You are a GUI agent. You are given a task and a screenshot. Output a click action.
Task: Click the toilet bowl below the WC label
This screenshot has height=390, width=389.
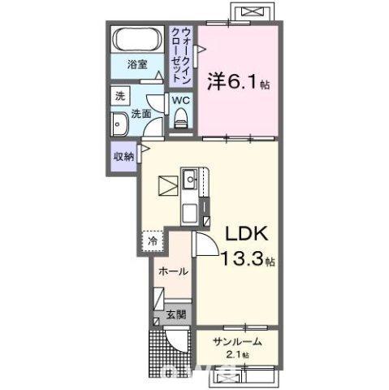point(180,120)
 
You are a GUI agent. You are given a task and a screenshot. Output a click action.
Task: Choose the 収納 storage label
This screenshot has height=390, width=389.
point(123,157)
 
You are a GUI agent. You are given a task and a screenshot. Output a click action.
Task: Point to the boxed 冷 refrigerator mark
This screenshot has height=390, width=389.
point(151,240)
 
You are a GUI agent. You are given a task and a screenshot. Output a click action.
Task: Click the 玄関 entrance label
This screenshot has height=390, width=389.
point(175,314)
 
